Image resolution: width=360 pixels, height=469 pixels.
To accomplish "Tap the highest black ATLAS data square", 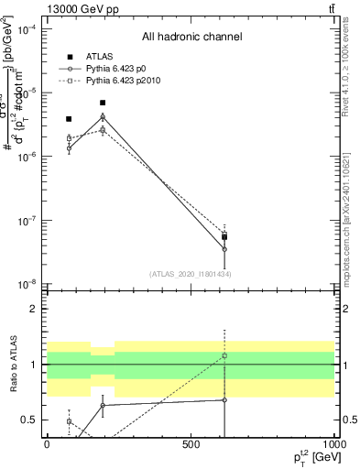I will coord(103,103).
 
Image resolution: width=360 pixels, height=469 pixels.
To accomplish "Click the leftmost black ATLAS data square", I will coord(69,119).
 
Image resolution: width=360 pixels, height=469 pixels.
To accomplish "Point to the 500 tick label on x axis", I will coord(191,444).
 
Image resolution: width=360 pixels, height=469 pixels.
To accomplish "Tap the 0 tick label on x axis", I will coord(47,444).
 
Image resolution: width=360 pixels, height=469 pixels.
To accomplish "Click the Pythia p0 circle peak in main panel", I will coord(103,117).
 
